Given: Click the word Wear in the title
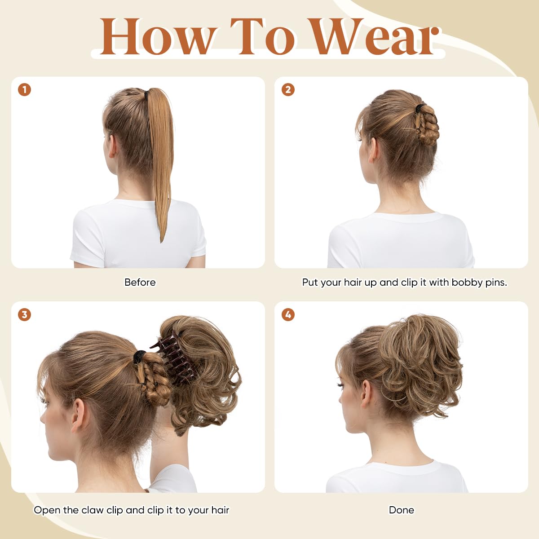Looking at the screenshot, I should click(x=375, y=37).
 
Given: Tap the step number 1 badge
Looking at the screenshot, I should click(x=24, y=90).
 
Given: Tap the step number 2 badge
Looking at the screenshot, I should click(x=288, y=90).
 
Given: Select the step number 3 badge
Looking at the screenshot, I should click(x=24, y=314).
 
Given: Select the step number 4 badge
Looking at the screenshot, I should click(x=288, y=314).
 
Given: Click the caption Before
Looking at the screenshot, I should click(x=140, y=283).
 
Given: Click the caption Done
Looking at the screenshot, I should click(x=401, y=510).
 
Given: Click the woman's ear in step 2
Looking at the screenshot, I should click(x=373, y=150).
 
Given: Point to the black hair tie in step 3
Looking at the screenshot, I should click(x=140, y=356).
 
